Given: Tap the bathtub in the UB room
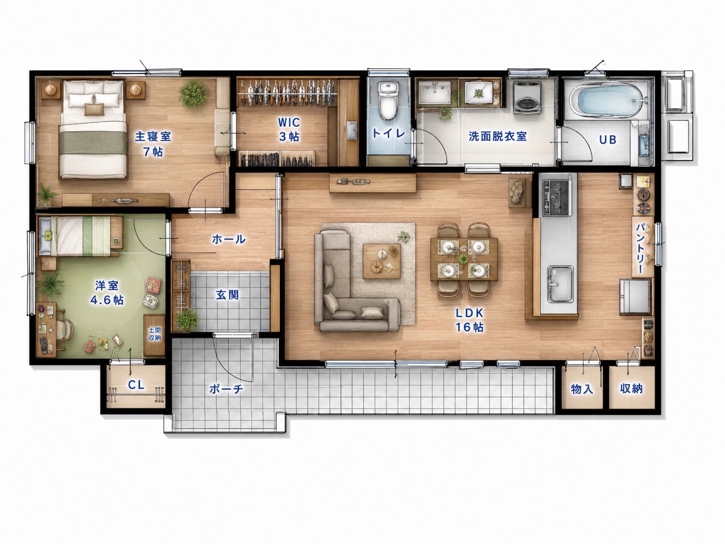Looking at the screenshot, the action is click(x=608, y=98).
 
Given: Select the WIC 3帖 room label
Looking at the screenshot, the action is click(x=289, y=129).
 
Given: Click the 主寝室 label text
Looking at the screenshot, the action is click(x=153, y=136).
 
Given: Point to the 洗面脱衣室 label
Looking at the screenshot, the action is click(x=497, y=136).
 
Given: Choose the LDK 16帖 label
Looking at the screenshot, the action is click(x=469, y=320).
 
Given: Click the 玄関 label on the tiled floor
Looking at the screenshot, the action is click(x=228, y=295).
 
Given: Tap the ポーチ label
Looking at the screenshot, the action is click(x=226, y=389).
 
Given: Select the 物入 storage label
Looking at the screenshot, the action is click(x=582, y=389).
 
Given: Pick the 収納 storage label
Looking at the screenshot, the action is click(x=631, y=389).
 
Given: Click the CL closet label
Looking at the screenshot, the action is click(x=136, y=385).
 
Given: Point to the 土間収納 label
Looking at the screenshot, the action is click(x=155, y=334).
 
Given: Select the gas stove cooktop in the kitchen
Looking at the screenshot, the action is click(x=557, y=197).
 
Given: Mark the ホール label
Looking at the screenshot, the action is click(x=228, y=239).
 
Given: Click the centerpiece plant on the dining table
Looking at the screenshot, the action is click(x=464, y=258).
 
